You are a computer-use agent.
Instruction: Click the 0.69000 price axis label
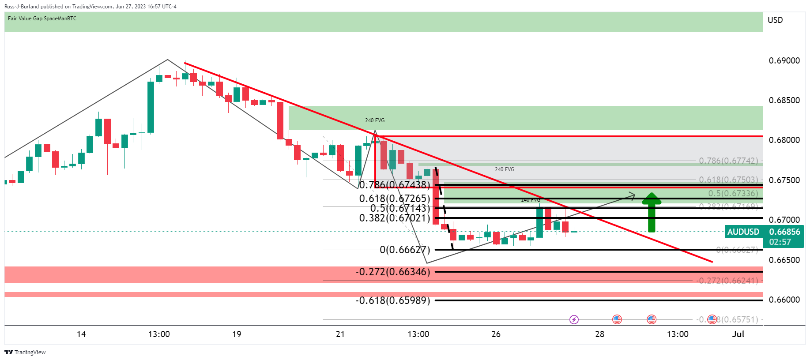784,61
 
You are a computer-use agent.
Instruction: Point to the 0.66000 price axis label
784,300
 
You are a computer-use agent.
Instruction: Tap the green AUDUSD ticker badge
743,232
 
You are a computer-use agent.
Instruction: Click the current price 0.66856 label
784,232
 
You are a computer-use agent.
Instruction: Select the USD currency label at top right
775,20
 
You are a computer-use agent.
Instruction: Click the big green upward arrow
651,213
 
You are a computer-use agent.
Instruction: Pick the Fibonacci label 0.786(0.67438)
394,185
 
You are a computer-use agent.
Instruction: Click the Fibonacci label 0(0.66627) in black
404,250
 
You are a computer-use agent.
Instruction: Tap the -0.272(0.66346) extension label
392,272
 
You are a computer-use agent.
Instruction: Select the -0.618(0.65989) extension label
392,300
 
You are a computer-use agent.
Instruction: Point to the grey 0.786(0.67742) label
728,161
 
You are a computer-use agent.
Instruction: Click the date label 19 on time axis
237,334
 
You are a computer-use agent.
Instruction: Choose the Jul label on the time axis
738,334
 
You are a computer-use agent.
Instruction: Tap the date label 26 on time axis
496,334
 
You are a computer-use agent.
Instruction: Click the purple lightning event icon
574,319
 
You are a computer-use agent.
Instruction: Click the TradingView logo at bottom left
25,352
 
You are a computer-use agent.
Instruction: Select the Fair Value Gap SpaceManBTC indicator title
42,19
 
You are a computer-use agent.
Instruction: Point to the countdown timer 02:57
780,242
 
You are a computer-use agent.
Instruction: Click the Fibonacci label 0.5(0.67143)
399,208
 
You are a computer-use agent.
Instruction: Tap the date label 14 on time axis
81,334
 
